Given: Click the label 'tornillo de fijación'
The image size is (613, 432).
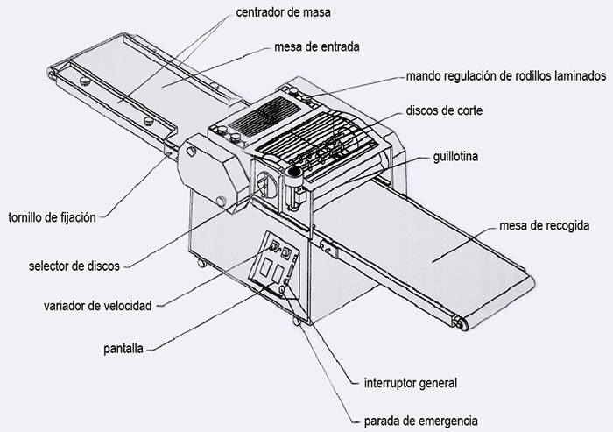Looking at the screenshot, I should [52, 216].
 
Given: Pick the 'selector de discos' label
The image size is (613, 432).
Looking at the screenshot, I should [73, 264].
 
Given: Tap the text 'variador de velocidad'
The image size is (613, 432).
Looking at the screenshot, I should [98, 306].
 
